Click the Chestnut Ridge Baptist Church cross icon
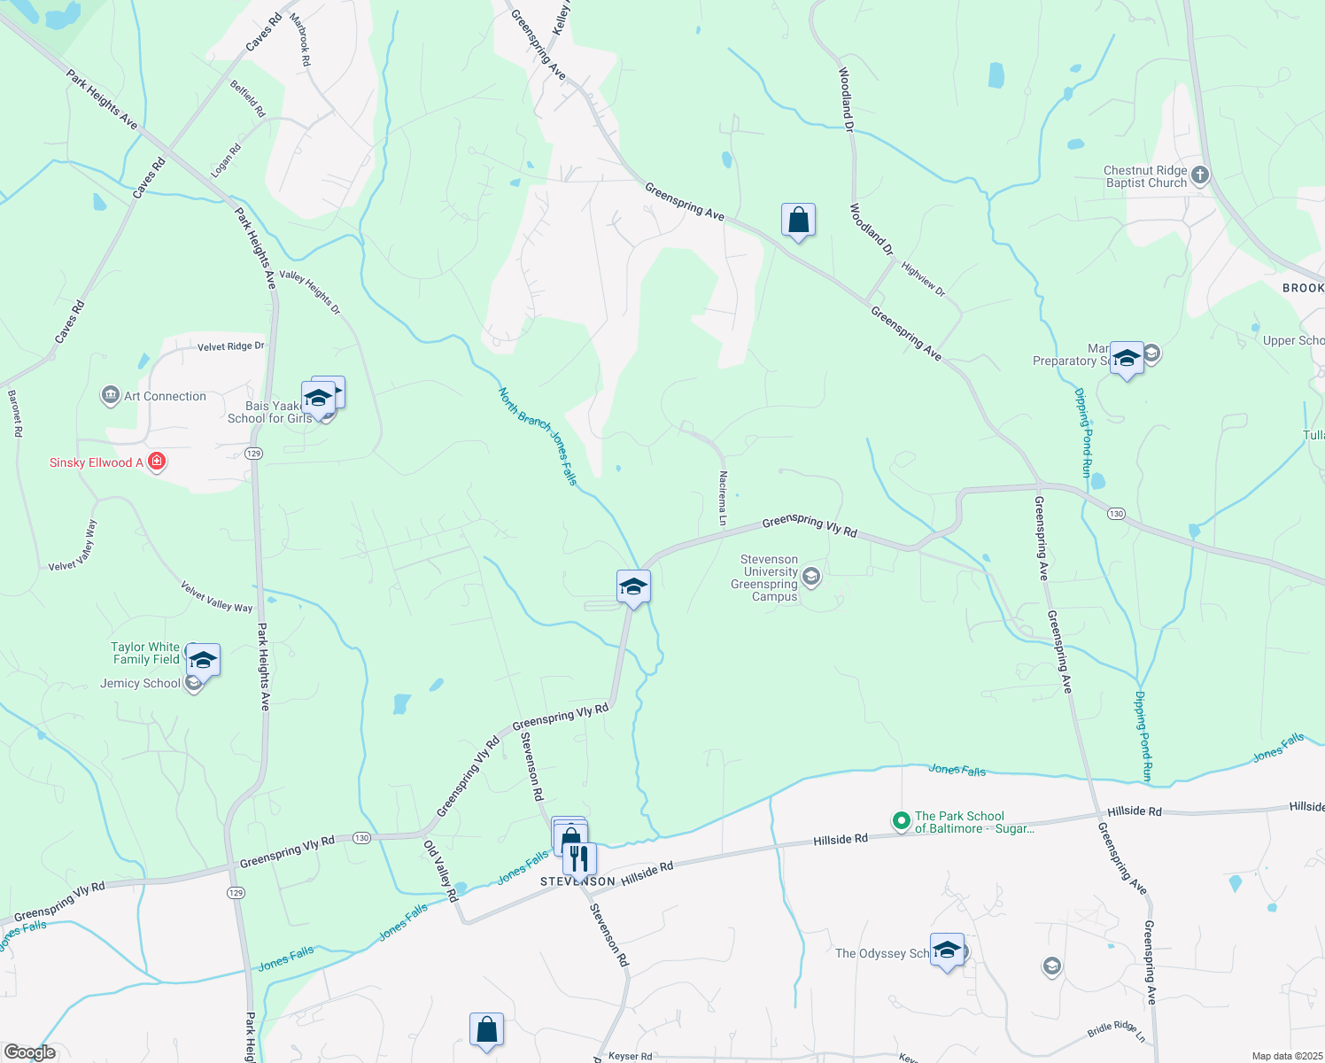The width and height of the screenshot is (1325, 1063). pyautogui.click(x=1200, y=175)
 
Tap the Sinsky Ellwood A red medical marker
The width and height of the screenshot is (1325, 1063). pyautogui.click(x=157, y=462)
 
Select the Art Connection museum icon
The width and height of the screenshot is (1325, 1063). pyautogui.click(x=111, y=395)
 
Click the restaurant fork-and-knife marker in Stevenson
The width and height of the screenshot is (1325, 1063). pyautogui.click(x=579, y=858)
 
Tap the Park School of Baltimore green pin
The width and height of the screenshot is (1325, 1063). pyautogui.click(x=901, y=821)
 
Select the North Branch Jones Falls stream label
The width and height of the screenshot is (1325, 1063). pyautogui.click(x=538, y=435)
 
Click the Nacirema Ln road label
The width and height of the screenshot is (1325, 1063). pyautogui.click(x=723, y=499)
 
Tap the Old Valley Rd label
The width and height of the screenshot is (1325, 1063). pyautogui.click(x=440, y=871)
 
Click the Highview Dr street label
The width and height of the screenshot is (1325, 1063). pyautogui.click(x=923, y=278)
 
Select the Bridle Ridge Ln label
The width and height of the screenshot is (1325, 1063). pyautogui.click(x=1116, y=1030)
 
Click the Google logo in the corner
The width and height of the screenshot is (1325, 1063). pyautogui.click(x=30, y=1052)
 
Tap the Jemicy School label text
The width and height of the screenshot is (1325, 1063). pyautogui.click(x=140, y=683)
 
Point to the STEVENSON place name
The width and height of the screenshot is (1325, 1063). pyautogui.click(x=577, y=881)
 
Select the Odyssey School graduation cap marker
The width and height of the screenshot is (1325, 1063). pyautogui.click(x=947, y=950)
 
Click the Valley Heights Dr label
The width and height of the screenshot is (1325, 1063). pyautogui.click(x=310, y=291)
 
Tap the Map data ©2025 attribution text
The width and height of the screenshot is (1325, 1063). pyautogui.click(x=1286, y=1056)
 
